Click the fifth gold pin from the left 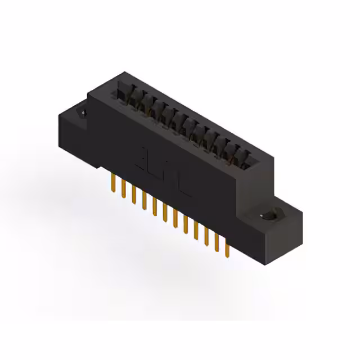click(154, 208)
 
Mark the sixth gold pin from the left click(165, 213)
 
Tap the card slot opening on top click(186, 121)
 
